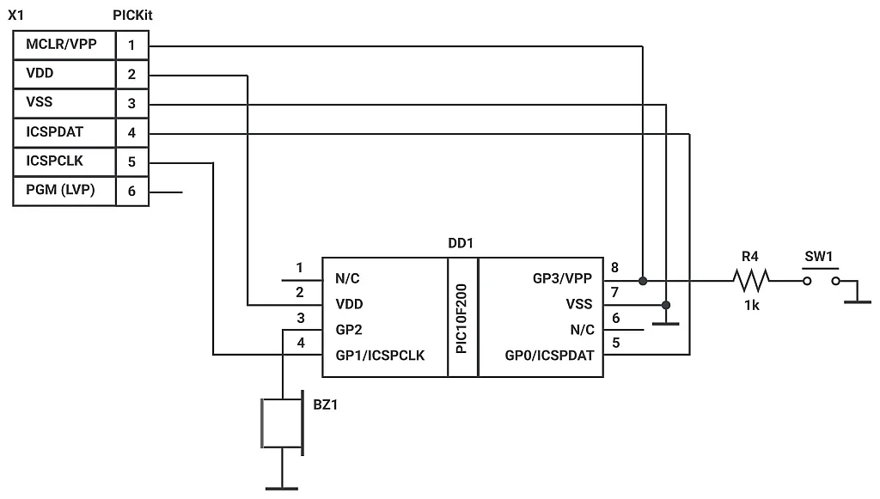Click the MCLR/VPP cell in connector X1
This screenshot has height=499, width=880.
[x=64, y=45]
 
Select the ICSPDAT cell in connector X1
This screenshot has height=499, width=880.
[x=64, y=133]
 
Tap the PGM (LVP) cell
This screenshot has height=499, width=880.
[x=64, y=191]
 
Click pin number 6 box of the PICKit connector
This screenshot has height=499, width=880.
[x=131, y=191]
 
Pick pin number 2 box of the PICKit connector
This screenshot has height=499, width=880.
[x=131, y=74]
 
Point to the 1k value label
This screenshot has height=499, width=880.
[x=751, y=305]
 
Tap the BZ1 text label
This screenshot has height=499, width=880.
[x=326, y=405]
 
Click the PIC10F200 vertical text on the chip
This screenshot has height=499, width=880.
[x=462, y=318]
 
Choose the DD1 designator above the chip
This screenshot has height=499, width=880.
[x=461, y=243]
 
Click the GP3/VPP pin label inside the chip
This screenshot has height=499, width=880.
[x=563, y=279]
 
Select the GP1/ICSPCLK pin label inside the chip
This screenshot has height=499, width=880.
[x=379, y=355]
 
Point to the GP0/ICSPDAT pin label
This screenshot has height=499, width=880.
[x=551, y=355]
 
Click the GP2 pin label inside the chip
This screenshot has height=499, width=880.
[x=348, y=329]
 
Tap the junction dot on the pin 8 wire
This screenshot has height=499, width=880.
[x=642, y=280]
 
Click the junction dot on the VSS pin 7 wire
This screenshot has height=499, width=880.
[x=666, y=305]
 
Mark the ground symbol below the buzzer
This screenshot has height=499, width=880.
[x=282, y=486]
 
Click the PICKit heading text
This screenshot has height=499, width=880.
[x=132, y=15]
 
